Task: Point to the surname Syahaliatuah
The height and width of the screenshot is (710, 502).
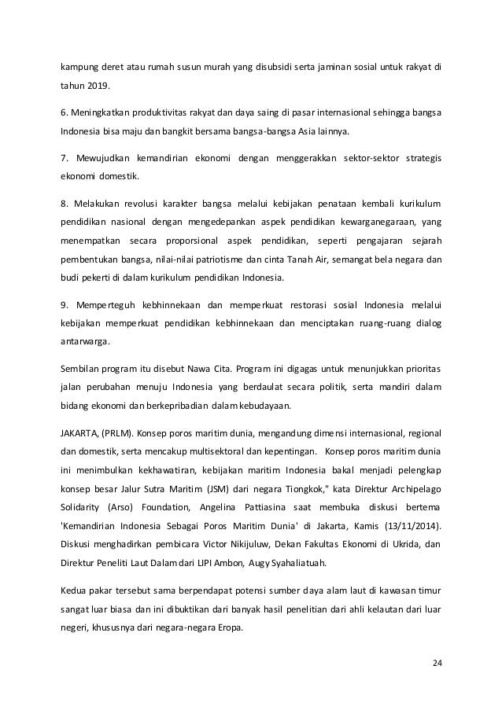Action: tap(312, 562)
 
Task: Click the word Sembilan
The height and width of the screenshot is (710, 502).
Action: tap(79, 370)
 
